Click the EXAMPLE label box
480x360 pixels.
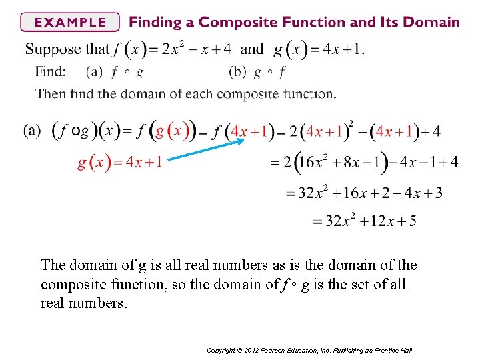(x=69, y=22)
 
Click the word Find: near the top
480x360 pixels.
(x=51, y=71)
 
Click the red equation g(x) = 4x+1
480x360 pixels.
(x=119, y=163)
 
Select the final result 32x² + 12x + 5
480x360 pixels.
(x=365, y=221)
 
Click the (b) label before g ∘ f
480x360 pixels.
(x=237, y=71)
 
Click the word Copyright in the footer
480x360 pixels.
(x=221, y=350)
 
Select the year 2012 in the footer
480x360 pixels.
(x=254, y=350)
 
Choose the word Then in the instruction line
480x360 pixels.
(x=51, y=93)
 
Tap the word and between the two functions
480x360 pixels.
(x=251, y=49)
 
